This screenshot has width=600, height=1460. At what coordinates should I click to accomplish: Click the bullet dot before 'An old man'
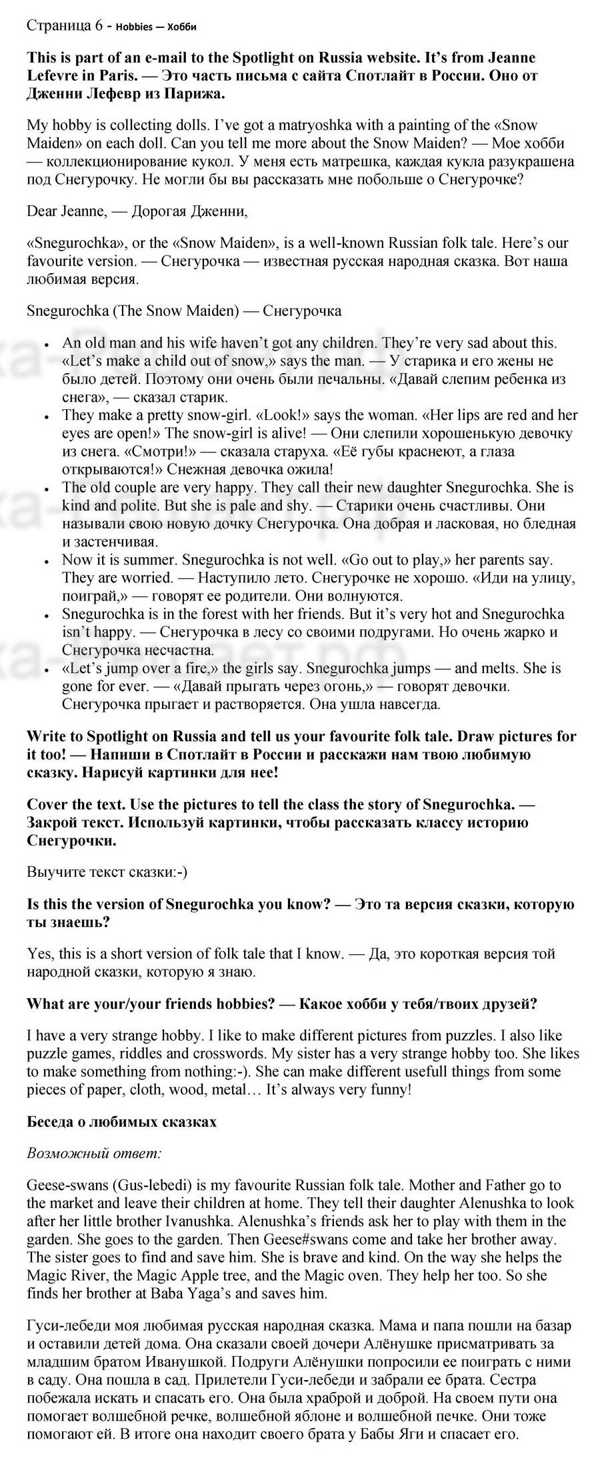tap(46, 346)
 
